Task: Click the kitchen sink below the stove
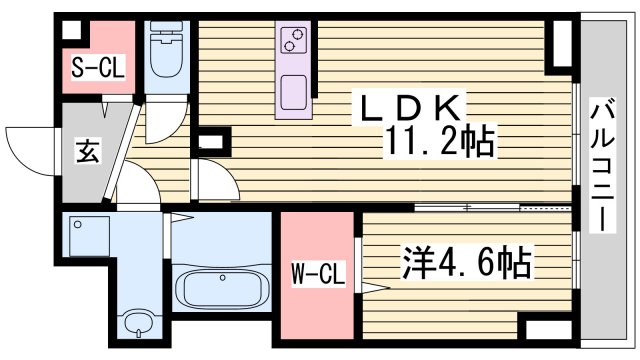295,92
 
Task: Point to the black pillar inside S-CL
70,30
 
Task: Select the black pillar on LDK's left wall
208,142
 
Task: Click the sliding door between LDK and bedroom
495,207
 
